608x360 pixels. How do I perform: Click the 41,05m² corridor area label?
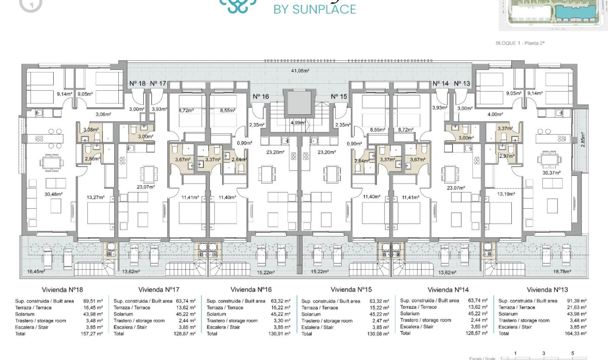click(300, 71)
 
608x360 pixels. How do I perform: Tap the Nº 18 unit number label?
click(137, 83)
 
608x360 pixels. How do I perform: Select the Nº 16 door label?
click(261, 96)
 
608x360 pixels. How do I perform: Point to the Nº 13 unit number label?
click(462, 83)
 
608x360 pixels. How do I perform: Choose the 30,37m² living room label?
click(551, 173)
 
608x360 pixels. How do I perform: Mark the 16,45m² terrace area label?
click(31, 272)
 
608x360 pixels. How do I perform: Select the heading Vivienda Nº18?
click(62, 290)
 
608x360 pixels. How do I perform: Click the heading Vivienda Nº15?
click(351, 290)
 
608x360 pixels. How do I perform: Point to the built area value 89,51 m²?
click(92, 301)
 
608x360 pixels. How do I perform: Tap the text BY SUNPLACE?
click(315, 9)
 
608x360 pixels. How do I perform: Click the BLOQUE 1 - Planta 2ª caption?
click(520, 43)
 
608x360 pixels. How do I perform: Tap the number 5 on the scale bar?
click(572, 353)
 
